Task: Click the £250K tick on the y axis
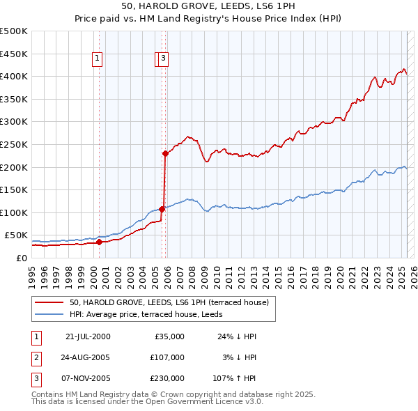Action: pyautogui.click(x=14, y=144)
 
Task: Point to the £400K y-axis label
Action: pyautogui.click(x=14, y=76)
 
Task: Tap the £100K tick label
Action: pyautogui.click(x=14, y=212)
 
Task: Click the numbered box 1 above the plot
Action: pyautogui.click(x=97, y=59)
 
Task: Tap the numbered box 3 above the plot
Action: pyautogui.click(x=162, y=59)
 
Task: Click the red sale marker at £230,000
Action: pyautogui.click(x=165, y=153)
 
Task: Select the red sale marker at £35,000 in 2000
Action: pyautogui.click(x=99, y=242)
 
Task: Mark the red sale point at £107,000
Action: pyautogui.click(x=162, y=208)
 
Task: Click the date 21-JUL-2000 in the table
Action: pyautogui.click(x=87, y=336)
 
